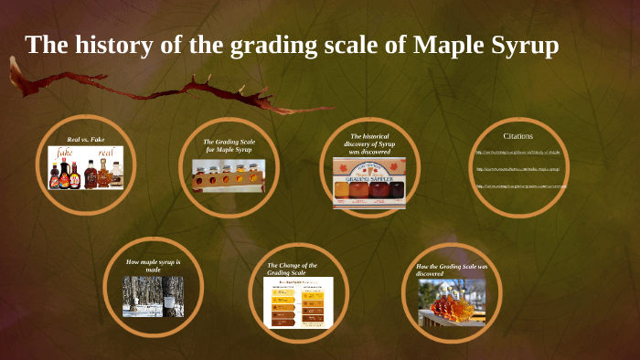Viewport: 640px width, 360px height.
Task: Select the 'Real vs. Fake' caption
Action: click(x=86, y=139)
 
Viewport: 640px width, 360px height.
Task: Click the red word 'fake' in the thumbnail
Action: click(x=65, y=153)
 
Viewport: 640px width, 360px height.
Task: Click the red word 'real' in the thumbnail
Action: click(x=106, y=153)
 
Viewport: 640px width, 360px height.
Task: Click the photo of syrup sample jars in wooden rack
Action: click(x=229, y=175)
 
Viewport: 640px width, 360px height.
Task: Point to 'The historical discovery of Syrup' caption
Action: click(x=370, y=143)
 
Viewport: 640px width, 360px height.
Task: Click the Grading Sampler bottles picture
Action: click(x=369, y=183)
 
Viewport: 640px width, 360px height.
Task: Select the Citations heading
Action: click(x=518, y=136)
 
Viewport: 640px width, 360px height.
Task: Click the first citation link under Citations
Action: click(x=517, y=152)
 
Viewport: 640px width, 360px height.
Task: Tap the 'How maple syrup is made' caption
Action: click(x=153, y=266)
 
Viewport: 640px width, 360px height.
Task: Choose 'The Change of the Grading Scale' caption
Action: click(x=293, y=269)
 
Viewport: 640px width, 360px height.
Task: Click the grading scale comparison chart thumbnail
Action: click(x=298, y=302)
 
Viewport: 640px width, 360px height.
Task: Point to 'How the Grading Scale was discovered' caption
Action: click(x=452, y=270)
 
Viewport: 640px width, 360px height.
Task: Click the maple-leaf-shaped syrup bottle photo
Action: click(x=452, y=302)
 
